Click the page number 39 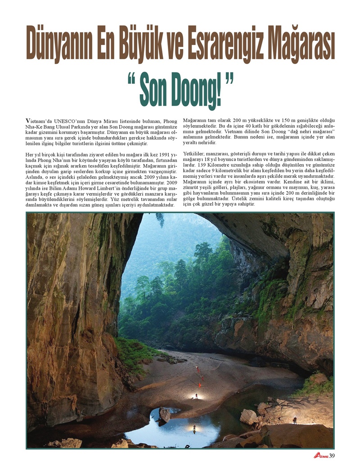[x=332, y=456]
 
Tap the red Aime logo [x=320, y=456]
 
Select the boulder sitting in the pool [x=164, y=414]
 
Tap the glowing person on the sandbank [x=196, y=395]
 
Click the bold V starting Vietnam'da [x=28, y=121]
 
